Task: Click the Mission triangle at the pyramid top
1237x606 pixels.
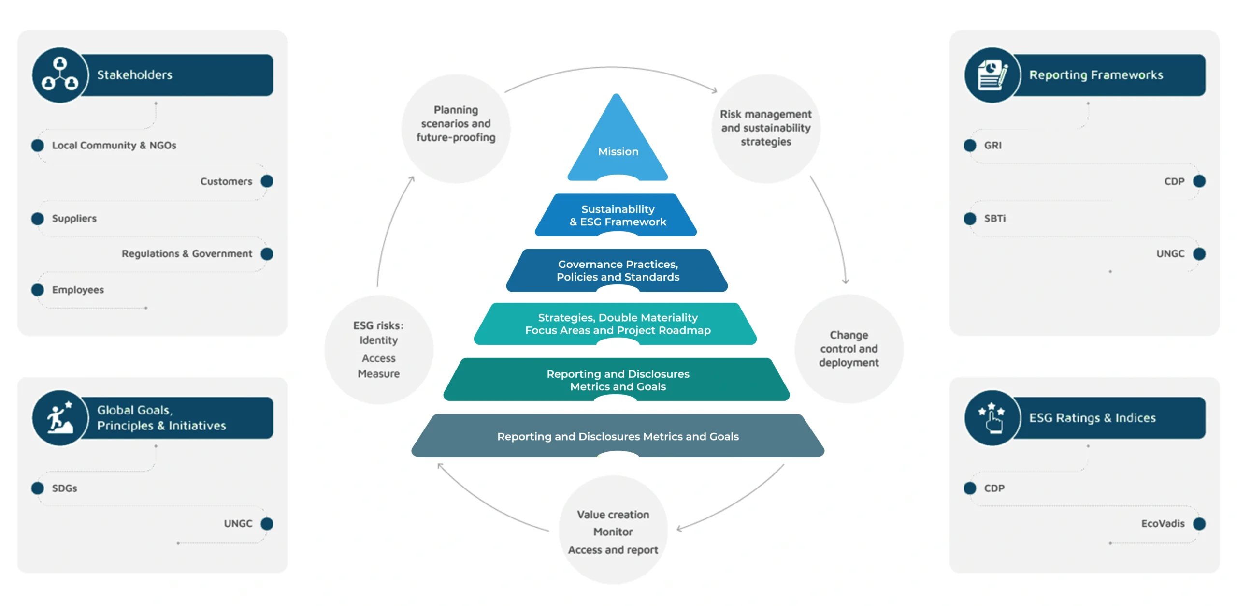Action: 617,145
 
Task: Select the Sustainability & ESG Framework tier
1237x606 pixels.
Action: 617,215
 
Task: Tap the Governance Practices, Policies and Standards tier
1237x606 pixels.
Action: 617,270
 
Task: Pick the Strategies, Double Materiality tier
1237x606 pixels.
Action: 617,324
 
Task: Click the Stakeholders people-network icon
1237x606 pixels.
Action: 60,75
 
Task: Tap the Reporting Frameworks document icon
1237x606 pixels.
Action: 992,75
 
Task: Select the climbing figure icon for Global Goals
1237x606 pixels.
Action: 60,418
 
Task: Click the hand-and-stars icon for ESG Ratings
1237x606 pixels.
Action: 992,418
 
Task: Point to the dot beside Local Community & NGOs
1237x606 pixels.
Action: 38,146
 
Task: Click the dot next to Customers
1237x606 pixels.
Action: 267,181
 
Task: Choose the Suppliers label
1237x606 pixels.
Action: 74,219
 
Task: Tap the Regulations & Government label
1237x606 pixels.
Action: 187,254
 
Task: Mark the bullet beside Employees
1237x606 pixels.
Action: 38,290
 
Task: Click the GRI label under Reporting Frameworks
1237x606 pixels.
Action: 992,146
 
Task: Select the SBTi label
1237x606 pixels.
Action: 994,219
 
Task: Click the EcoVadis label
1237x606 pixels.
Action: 1162,524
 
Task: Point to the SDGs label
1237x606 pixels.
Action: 65,488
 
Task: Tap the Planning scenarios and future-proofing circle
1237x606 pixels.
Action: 456,129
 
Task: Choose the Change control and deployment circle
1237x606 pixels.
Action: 849,349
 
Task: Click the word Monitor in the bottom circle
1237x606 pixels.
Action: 613,532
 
